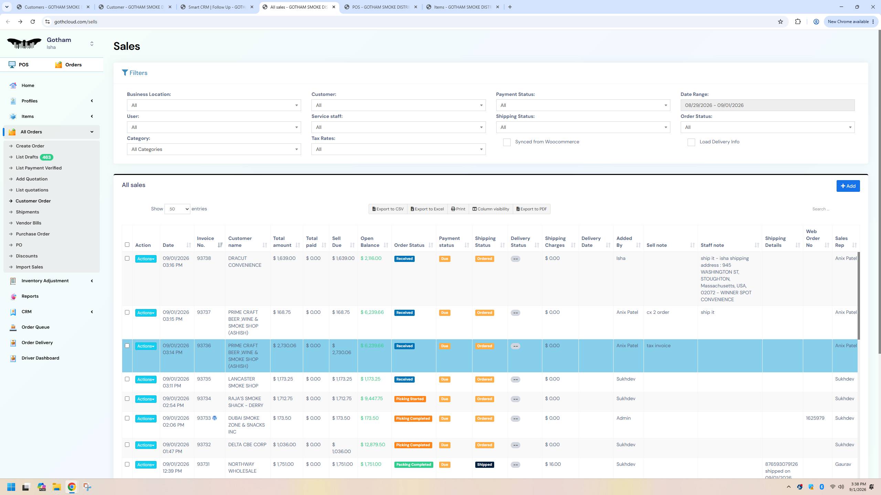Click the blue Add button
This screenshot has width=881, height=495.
848,186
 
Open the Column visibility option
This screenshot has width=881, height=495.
491,209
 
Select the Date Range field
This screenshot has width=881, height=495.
767,105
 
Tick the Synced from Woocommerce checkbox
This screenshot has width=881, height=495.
507,142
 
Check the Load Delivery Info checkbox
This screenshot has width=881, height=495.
691,142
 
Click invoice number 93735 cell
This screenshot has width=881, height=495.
204,379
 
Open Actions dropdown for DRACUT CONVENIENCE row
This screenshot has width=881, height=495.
146,259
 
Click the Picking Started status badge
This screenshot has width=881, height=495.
410,399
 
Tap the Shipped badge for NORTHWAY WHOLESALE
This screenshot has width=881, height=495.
484,465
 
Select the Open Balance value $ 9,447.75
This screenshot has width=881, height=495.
372,398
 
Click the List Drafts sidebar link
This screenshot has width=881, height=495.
27,157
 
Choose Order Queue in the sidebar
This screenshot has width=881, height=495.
35,327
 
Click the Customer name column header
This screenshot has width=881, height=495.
240,242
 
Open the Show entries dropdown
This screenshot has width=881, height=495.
177,209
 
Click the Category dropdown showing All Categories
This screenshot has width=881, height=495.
214,149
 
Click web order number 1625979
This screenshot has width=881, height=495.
815,418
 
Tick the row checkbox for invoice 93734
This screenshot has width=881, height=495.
127,399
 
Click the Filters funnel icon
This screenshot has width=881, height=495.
125,73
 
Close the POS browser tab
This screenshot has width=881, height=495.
415,7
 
